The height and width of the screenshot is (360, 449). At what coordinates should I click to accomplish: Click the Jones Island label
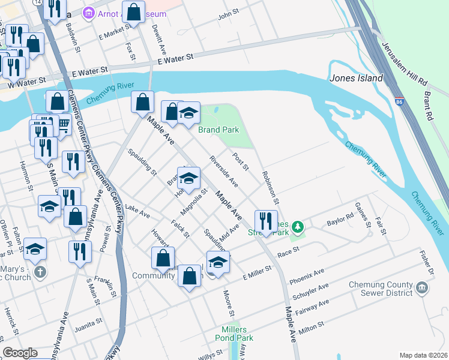pyautogui.click(x=356, y=78)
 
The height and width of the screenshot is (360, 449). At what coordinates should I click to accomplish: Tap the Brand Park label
pyautogui.click(x=219, y=130)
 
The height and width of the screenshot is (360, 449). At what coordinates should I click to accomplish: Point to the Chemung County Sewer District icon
pyautogui.click(x=423, y=288)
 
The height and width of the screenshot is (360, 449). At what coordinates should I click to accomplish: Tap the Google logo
pyautogui.click(x=20, y=353)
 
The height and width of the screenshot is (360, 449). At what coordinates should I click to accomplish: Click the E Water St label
pyautogui.click(x=175, y=58)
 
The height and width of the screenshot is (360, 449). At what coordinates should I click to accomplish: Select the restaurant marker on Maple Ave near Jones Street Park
pyautogui.click(x=265, y=220)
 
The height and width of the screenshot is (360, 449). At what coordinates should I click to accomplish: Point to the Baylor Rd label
pyautogui.click(x=340, y=223)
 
